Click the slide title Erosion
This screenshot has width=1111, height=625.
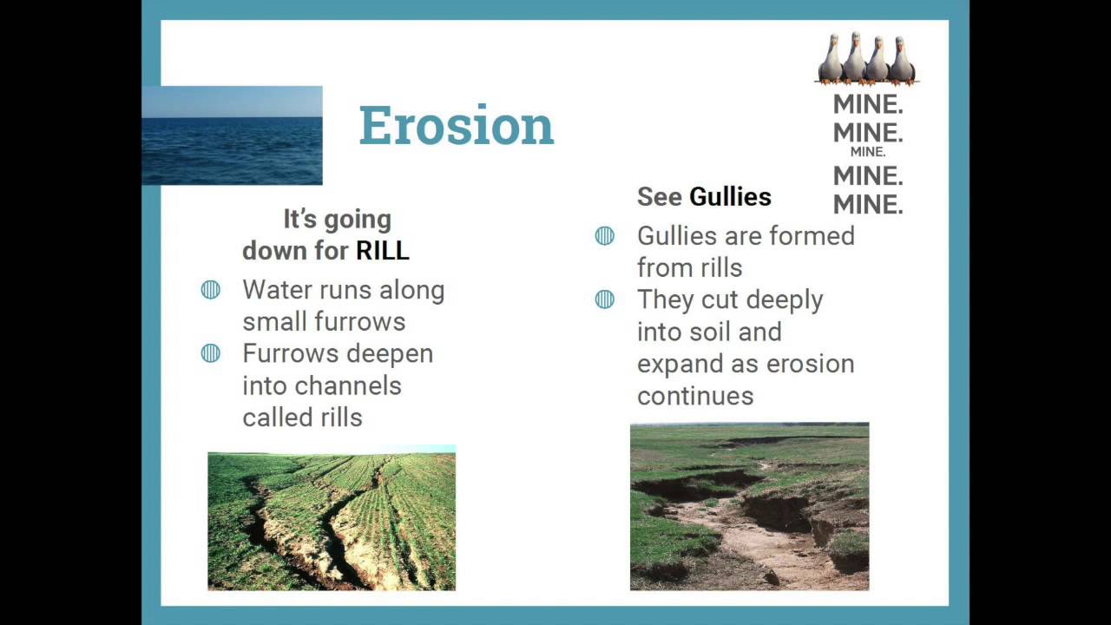457,126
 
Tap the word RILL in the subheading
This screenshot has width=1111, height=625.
383,251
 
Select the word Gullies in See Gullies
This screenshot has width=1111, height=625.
730,197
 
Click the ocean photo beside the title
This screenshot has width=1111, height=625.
232,135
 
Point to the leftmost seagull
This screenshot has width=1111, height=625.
831,60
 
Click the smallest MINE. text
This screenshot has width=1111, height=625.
868,152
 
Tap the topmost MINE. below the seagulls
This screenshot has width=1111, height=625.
868,105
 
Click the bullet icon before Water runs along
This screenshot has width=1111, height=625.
211,290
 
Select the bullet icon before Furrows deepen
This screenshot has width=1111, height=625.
211,353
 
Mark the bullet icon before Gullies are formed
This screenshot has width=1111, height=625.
605,236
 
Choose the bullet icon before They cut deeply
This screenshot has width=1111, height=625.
605,299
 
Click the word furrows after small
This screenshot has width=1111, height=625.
365,322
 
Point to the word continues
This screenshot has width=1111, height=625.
695,396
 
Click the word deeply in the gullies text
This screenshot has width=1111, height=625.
779,300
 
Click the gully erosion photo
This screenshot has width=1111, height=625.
749,507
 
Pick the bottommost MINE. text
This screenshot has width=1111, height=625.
868,205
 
